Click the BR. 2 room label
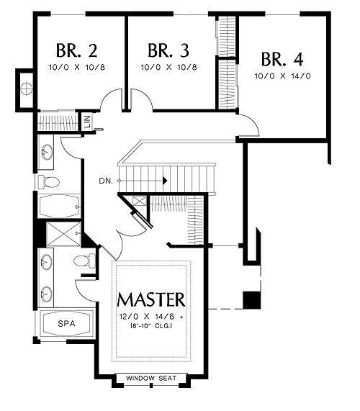(76, 50)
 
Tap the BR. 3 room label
(168, 50)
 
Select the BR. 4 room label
(282, 59)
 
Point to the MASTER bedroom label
(151, 299)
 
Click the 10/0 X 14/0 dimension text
(282, 76)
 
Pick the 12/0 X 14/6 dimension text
(147, 317)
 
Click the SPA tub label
(66, 324)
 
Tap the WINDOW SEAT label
(151, 378)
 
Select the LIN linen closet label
(88, 122)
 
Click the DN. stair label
(106, 181)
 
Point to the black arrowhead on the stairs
(165, 181)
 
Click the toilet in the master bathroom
(85, 261)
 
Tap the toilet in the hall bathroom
(48, 181)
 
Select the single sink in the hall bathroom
(48, 152)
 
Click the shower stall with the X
(63, 234)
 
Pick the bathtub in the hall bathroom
(59, 207)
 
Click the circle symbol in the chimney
(26, 89)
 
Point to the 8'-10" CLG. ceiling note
(151, 326)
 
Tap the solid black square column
(252, 300)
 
